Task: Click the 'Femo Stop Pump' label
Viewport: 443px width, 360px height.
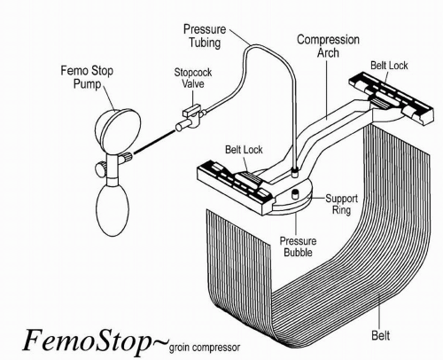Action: [x=87, y=77]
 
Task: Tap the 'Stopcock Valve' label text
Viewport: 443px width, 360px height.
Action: [x=193, y=78]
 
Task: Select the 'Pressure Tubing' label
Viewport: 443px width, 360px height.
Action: [x=205, y=36]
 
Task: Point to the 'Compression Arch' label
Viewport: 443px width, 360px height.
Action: [x=328, y=46]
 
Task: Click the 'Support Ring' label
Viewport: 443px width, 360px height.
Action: [x=342, y=204]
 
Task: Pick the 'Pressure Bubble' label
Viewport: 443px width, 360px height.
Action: [x=298, y=247]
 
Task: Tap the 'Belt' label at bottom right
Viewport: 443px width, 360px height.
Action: [x=381, y=335]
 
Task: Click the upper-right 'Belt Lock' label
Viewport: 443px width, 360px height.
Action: [x=389, y=66]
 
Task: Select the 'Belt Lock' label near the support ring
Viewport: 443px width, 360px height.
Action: [x=244, y=150]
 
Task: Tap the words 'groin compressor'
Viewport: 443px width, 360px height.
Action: [x=205, y=347]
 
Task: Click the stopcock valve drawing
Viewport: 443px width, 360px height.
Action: [x=189, y=120]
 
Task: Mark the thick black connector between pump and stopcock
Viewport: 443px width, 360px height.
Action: [x=154, y=142]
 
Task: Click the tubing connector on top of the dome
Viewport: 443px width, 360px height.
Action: [x=294, y=172]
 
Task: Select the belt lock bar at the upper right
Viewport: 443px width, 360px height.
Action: [x=392, y=99]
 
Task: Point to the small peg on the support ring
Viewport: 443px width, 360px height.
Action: [x=294, y=195]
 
